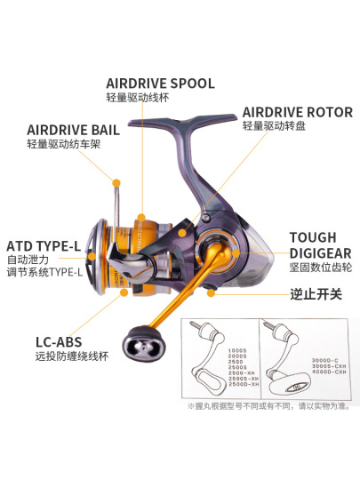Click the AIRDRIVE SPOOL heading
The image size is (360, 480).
click(160, 83)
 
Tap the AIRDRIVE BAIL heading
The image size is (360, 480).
click(73, 129)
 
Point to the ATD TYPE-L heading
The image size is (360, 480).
click(44, 244)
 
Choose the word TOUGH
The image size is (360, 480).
click(313, 237)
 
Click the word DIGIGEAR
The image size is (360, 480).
click(319, 252)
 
